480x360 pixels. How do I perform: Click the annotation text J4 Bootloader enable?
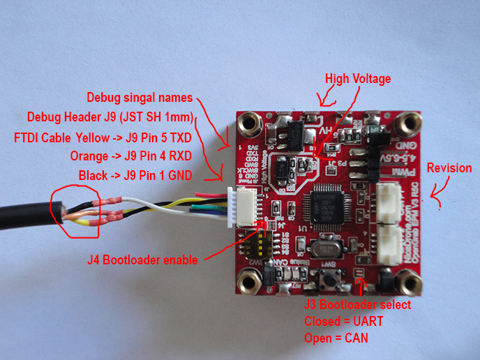pyautogui.click(x=142, y=260)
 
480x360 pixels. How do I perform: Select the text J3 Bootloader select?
pyautogui.click(x=357, y=305)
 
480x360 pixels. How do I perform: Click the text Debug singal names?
pyautogui.click(x=139, y=96)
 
